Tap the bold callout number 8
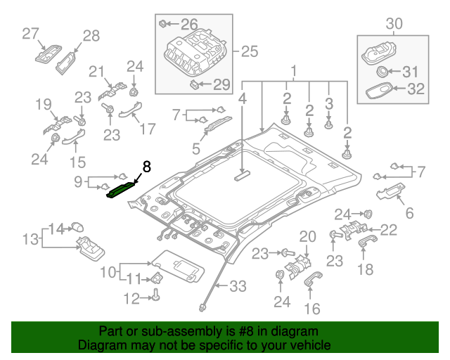point(146,167)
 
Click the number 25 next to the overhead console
point(250,51)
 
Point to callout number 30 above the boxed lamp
point(394,24)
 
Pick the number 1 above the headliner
point(294,70)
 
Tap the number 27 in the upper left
point(30,33)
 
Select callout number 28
point(91,36)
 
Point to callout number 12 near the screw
point(131,299)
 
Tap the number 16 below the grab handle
point(311,308)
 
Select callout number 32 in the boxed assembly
point(416,89)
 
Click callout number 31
point(410,71)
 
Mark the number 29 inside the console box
point(221,85)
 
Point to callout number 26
point(190,24)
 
